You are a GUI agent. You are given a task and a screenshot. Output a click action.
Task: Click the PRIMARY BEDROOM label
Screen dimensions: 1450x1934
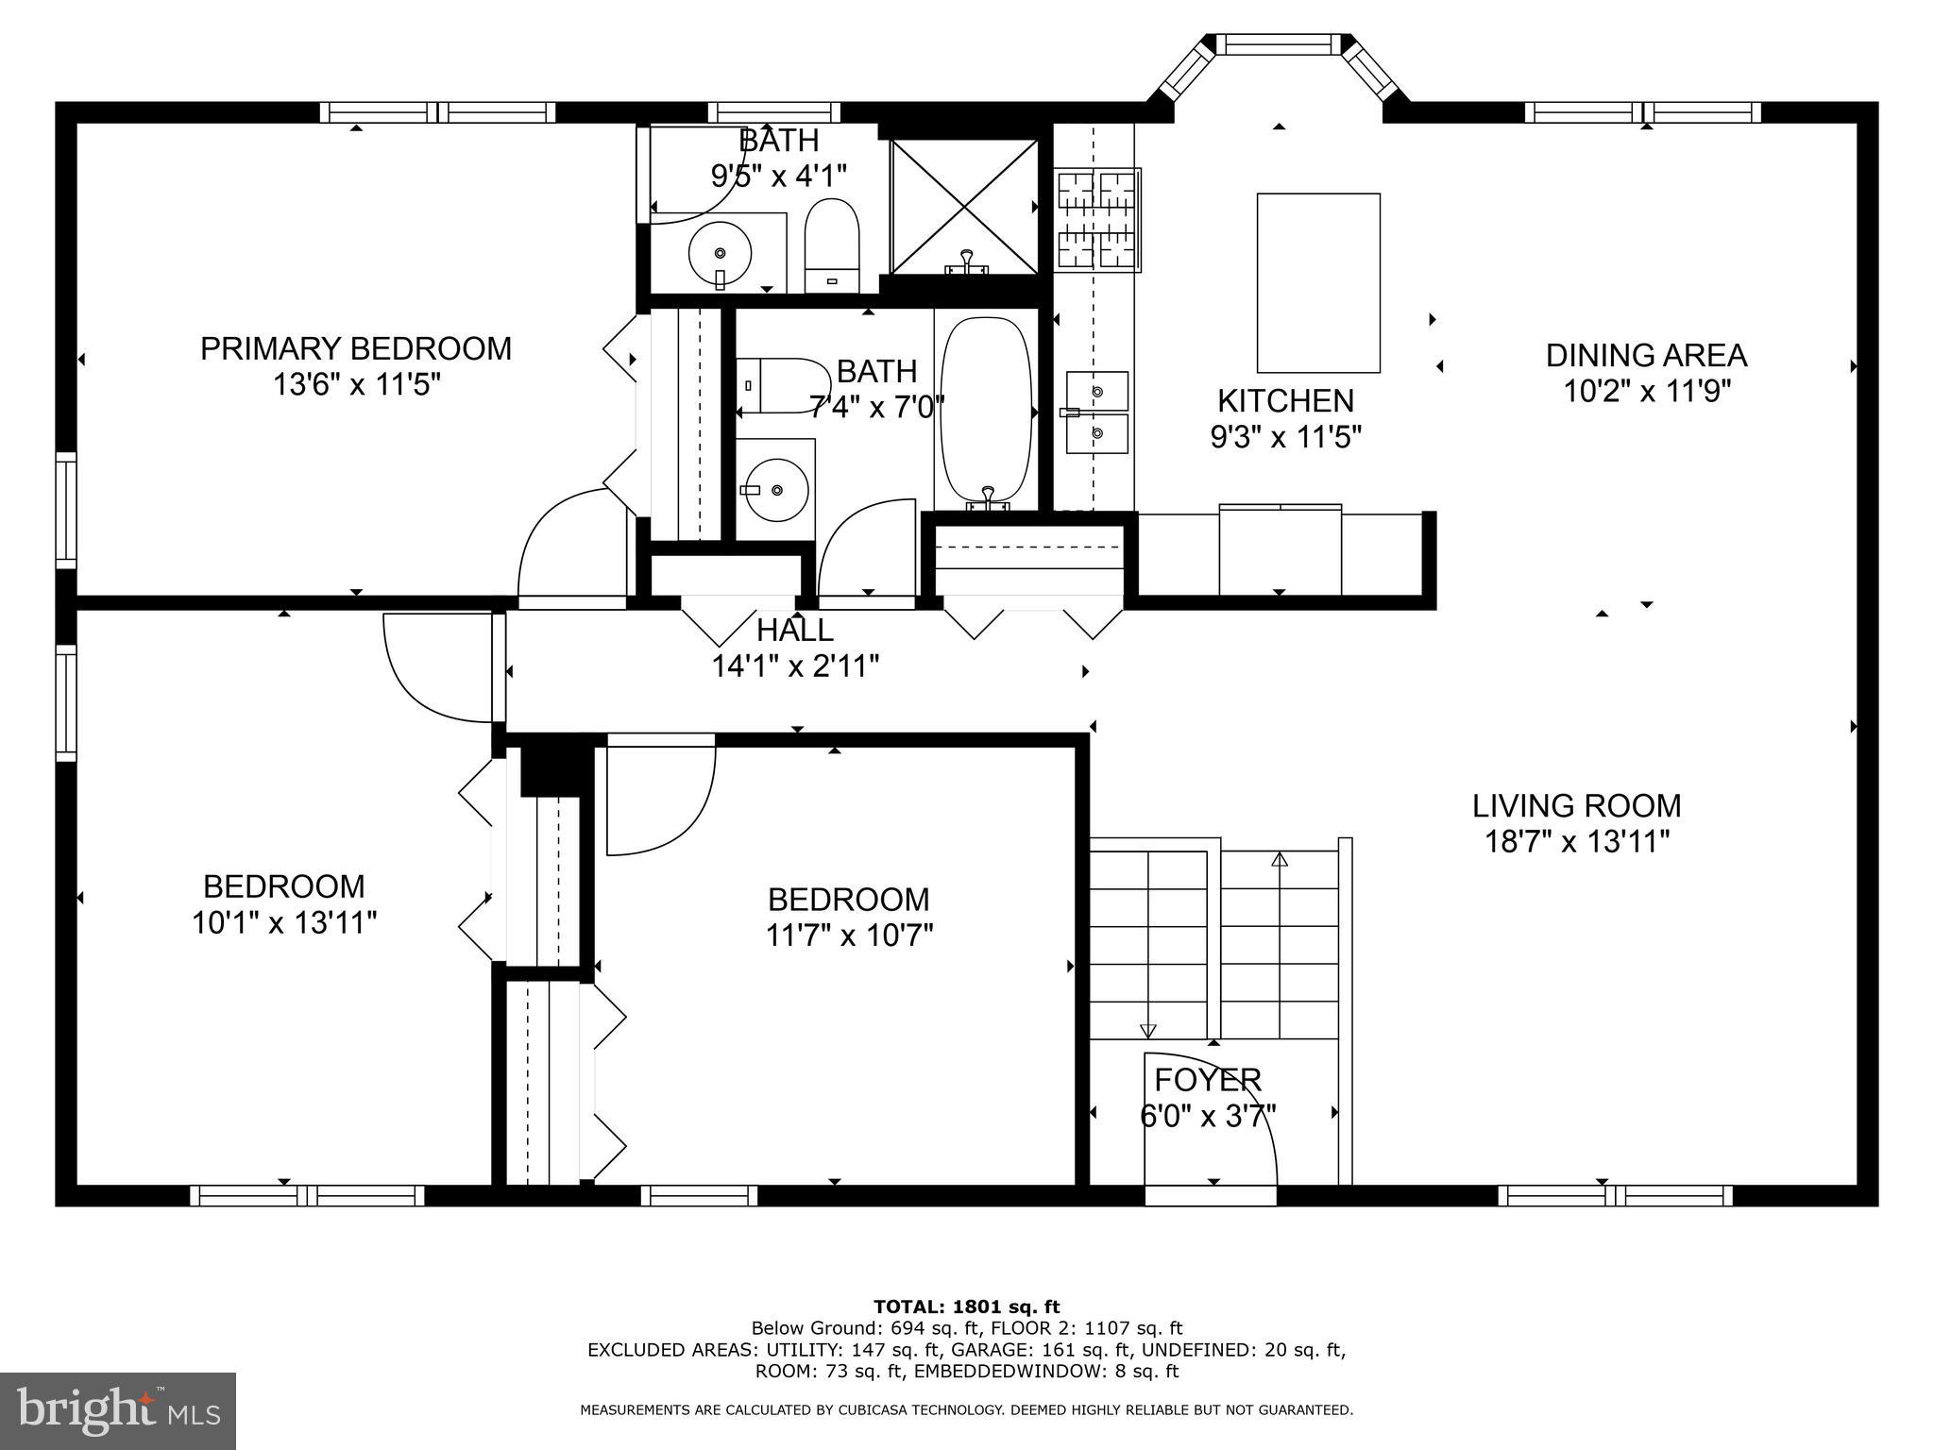(356, 348)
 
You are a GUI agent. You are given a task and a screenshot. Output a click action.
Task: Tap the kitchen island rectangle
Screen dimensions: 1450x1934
(1318, 283)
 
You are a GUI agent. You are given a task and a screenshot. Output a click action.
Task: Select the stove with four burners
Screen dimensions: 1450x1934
(1097, 219)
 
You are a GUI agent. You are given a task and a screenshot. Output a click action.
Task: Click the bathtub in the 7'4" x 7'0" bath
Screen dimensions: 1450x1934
(986, 410)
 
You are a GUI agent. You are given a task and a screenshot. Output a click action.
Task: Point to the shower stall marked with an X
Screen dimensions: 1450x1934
(964, 207)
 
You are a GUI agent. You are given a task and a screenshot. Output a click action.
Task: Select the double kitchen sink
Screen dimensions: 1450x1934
(1096, 413)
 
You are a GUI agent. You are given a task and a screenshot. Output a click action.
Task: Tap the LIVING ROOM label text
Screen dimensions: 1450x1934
(1576, 805)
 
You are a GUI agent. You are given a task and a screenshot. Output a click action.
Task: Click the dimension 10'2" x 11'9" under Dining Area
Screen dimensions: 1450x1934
(1646, 391)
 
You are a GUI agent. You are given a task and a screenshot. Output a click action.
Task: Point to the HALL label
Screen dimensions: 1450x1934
(795, 630)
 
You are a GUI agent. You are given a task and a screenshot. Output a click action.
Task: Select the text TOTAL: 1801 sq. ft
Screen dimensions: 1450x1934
(966, 1307)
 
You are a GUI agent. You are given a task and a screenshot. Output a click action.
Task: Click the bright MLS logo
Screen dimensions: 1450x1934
(118, 1410)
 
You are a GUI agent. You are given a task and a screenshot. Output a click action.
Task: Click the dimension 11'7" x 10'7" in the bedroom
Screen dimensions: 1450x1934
(849, 936)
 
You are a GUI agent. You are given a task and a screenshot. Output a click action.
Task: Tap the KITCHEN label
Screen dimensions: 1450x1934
(1285, 401)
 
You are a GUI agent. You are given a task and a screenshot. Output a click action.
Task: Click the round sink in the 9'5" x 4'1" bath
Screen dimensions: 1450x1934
(720, 253)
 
